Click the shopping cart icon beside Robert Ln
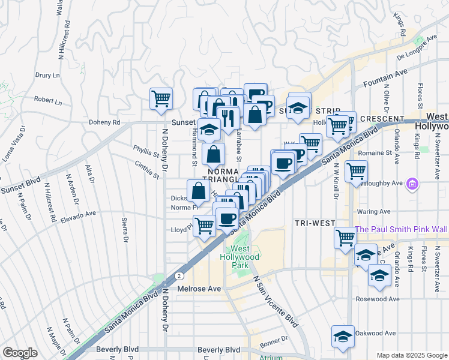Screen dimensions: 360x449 (161, 99)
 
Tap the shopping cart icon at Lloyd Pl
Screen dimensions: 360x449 (205, 226)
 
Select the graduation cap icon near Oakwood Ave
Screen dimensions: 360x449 (343, 336)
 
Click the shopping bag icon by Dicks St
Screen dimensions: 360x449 (198, 191)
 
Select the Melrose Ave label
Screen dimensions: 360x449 (200, 289)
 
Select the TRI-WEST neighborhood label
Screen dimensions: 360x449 (315, 223)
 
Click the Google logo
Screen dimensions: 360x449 (20, 353)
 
